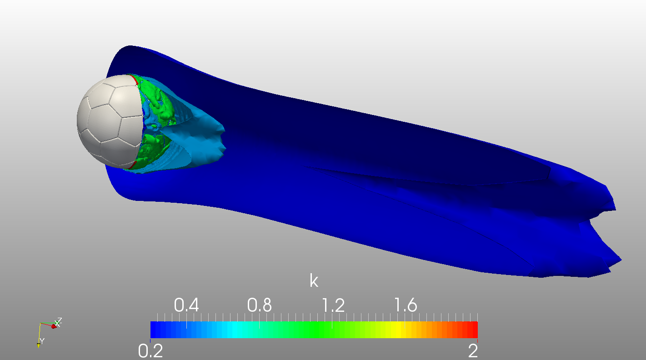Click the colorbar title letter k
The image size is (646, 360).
coord(314,281)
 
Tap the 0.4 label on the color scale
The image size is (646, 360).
coord(186,305)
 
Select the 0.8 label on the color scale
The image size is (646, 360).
coord(259,305)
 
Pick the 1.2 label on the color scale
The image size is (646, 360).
coord(333,305)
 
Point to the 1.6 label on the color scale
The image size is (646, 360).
coord(405,305)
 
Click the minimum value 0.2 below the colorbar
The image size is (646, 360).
coord(150,350)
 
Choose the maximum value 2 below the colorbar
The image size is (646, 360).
coord(473,350)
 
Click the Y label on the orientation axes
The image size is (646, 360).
coord(42,340)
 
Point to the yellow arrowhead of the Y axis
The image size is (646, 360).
coord(38,345)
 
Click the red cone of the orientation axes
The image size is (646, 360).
coord(54,326)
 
